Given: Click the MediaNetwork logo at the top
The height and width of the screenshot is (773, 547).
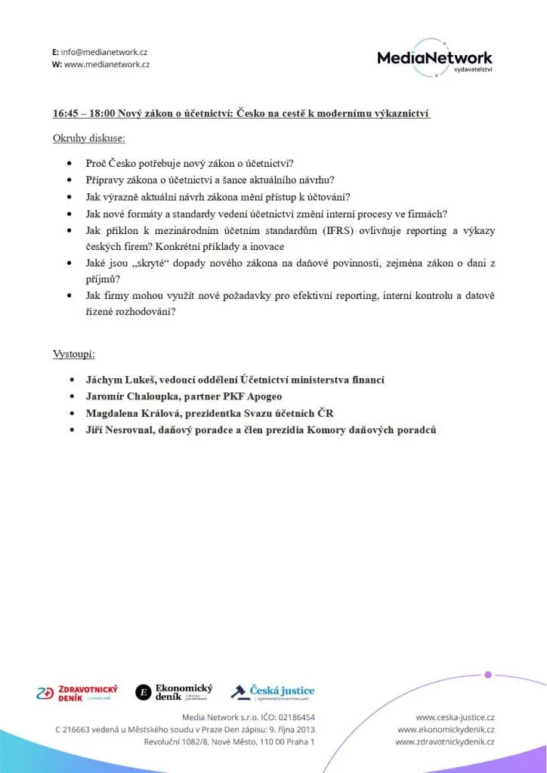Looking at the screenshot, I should point(434,58).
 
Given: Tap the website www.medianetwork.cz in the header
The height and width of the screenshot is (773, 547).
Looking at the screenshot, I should point(107,64).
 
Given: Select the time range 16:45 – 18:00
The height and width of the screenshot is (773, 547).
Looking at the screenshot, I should point(82,114).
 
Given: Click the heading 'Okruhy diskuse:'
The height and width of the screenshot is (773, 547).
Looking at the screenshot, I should point(89,138).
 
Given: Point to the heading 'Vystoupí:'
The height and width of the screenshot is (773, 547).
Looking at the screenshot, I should point(73,354).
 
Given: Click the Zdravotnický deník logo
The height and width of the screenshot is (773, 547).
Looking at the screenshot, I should point(77,693).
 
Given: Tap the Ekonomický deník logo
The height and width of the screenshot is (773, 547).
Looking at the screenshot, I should point(174,691).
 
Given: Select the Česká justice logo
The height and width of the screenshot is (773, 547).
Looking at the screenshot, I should point(273,691).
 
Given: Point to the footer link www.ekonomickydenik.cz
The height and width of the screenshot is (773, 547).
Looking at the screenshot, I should point(446,729).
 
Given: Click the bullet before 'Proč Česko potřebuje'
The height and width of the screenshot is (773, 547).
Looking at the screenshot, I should point(70,162).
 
